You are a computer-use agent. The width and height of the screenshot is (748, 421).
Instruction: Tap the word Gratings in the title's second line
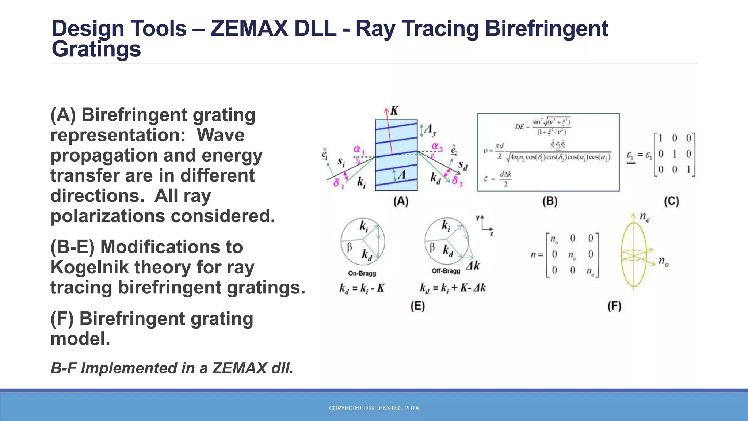(96, 49)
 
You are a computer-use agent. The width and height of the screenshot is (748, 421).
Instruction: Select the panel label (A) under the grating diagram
(401, 201)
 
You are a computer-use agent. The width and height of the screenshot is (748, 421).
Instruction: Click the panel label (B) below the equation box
(550, 201)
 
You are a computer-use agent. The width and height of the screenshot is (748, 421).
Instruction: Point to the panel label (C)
(671, 201)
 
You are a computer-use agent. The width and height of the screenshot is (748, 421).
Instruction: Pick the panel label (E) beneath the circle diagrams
(417, 306)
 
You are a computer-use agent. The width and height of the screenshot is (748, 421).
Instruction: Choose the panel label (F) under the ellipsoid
(614, 306)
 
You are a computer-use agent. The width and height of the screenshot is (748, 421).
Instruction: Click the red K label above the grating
(394, 110)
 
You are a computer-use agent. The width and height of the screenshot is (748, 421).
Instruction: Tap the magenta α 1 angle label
(359, 149)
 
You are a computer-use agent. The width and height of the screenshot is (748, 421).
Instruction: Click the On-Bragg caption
(362, 273)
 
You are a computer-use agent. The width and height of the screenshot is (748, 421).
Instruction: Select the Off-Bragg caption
(446, 271)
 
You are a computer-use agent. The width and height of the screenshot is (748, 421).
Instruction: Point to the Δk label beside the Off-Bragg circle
(473, 266)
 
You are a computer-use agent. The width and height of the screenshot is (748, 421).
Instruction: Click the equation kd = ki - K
(362, 289)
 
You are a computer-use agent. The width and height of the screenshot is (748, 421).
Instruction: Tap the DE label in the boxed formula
(519, 127)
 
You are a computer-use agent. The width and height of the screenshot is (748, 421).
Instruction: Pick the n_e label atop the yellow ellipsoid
(645, 217)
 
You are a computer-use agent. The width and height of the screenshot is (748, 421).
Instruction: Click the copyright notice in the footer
(374, 408)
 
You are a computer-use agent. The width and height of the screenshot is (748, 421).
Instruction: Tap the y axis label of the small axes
(477, 218)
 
